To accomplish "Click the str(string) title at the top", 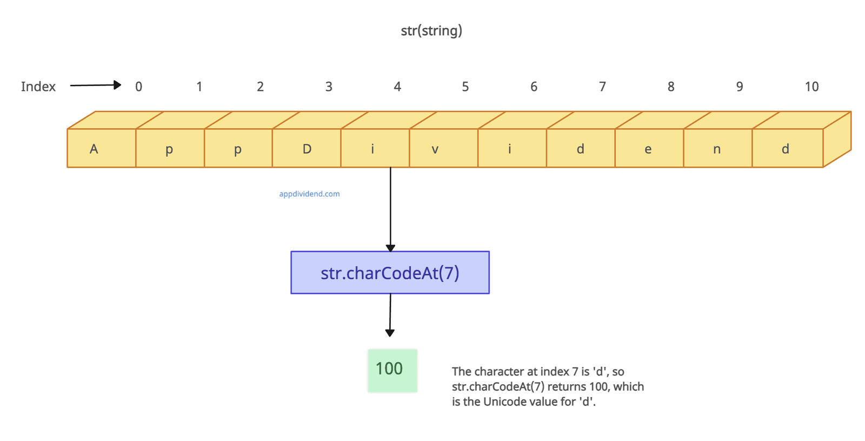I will (x=431, y=30).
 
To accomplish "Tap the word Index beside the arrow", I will (x=38, y=87).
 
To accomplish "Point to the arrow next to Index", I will (x=95, y=85).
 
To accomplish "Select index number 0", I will (x=138, y=87).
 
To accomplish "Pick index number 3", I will (x=329, y=87).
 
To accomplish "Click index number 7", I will (x=602, y=87).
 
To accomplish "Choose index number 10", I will (x=811, y=87).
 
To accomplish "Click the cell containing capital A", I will (x=101, y=148).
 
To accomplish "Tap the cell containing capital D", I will (x=307, y=148).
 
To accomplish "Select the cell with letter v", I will (x=443, y=148).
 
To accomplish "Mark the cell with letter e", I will (x=649, y=148).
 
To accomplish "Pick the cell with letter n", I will (x=717, y=148).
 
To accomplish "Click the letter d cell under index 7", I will (x=581, y=148).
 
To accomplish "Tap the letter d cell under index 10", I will (x=787, y=148).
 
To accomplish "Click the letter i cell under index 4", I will (x=375, y=148).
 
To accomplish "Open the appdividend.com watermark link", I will (x=309, y=194).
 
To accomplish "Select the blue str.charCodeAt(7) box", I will (x=390, y=273).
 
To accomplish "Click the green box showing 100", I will (x=392, y=370).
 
